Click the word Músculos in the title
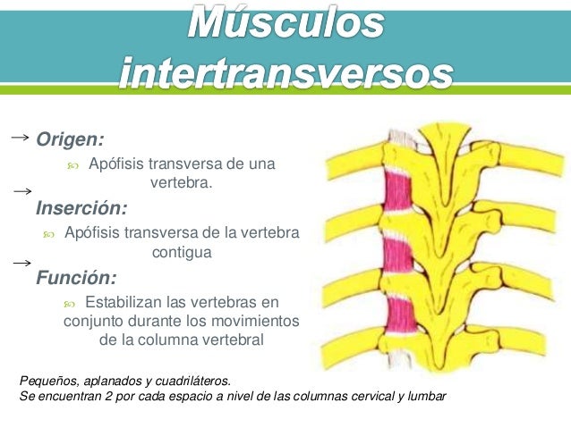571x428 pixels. click(286, 25)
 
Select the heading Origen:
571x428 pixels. click(70, 139)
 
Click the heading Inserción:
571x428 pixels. click(81, 209)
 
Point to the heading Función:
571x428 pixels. click(76, 277)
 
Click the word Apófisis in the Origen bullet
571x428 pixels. click(117, 164)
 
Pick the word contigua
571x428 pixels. click(182, 253)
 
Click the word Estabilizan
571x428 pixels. click(126, 302)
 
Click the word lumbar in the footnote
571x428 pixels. click(424, 394)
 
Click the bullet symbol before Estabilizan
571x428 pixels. click(72, 303)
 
